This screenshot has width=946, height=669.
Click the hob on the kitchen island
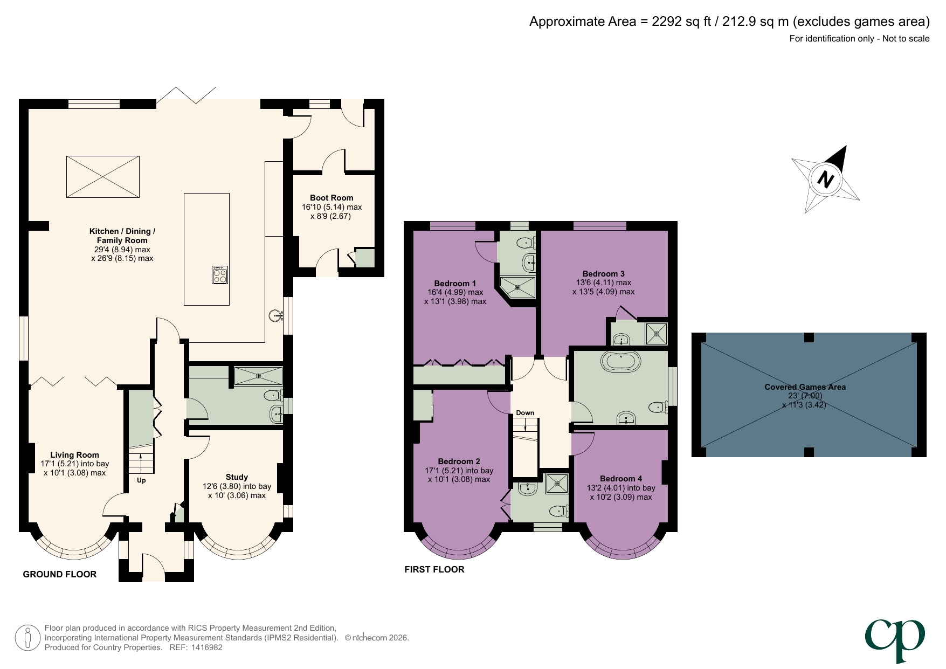(x=219, y=275)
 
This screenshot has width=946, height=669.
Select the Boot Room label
(x=332, y=198)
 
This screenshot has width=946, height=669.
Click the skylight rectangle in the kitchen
(x=103, y=177)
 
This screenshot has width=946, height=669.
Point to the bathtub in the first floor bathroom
(x=621, y=362)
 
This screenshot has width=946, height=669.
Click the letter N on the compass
(x=825, y=180)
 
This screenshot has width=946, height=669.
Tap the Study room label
(x=237, y=477)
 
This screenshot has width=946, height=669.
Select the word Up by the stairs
(x=141, y=480)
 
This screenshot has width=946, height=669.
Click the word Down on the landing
(x=525, y=413)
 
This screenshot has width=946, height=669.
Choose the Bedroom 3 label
(x=603, y=274)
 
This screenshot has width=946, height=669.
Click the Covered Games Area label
(x=805, y=387)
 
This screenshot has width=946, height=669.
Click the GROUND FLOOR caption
(x=60, y=575)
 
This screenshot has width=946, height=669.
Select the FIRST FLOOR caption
(x=434, y=570)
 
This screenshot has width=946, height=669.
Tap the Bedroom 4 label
(x=621, y=479)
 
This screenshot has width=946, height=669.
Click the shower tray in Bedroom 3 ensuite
(x=656, y=334)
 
